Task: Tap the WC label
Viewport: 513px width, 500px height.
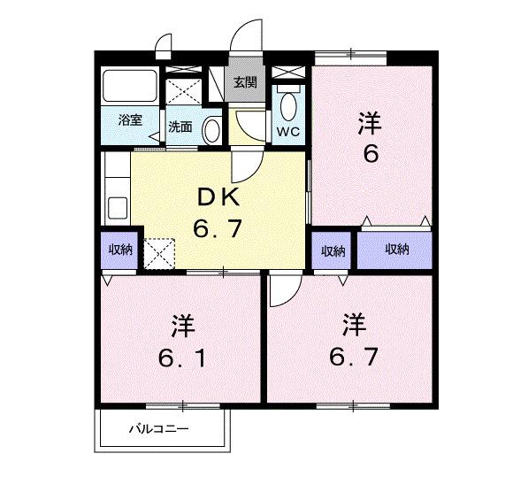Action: [288, 133]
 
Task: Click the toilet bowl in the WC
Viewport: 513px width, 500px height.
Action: [288, 106]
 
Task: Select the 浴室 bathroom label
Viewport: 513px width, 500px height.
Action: [130, 120]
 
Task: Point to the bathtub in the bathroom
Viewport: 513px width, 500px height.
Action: [129, 87]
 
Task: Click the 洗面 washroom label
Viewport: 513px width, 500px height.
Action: [180, 127]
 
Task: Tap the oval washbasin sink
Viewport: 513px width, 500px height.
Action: [212, 130]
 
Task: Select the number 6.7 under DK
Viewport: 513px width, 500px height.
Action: [218, 230]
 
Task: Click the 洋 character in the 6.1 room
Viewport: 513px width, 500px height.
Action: [182, 325]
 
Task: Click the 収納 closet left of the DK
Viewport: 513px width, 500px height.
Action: [119, 250]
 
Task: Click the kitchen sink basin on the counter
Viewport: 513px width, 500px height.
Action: [118, 212]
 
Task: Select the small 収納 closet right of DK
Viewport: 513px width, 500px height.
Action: [333, 250]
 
